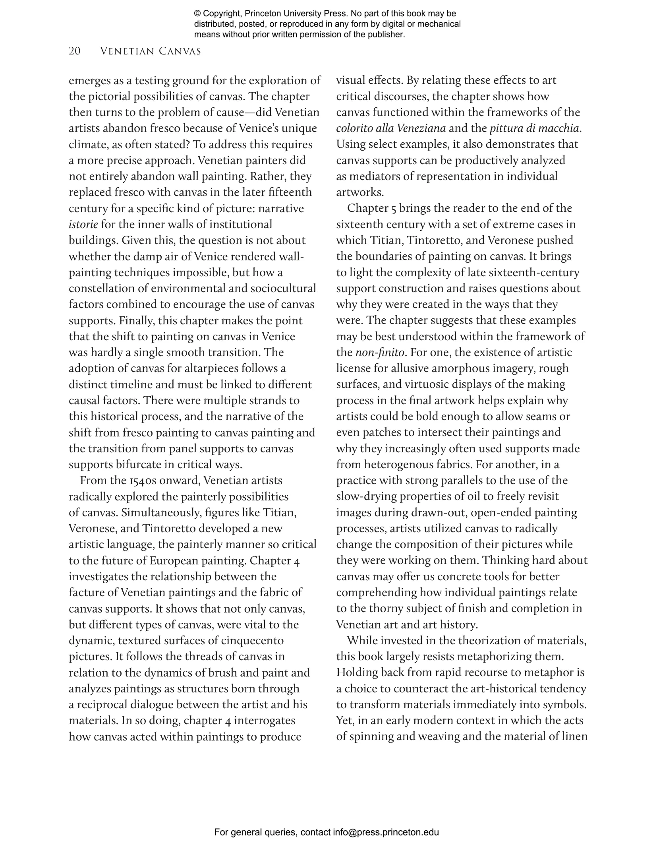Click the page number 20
click(75, 51)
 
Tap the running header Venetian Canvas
click(151, 51)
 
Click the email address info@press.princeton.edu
click(386, 832)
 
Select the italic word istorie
click(83, 225)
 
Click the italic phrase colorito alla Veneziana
click(391, 128)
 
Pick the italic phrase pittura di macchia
click(534, 128)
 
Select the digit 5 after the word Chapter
click(393, 208)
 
